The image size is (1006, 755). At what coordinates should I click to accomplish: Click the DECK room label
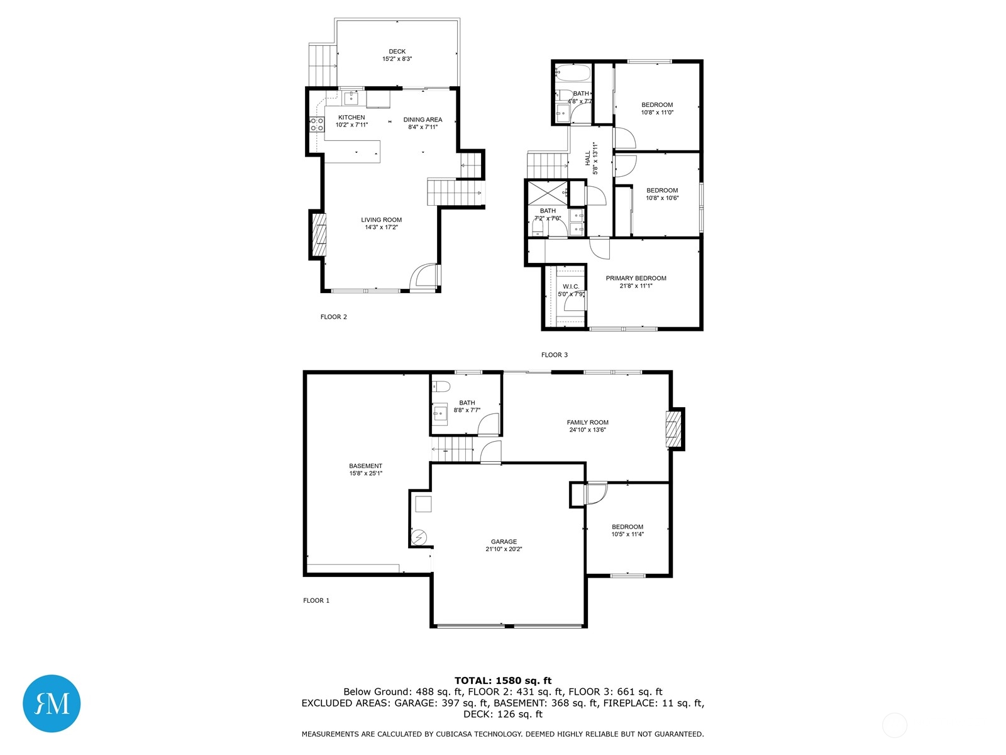(397, 52)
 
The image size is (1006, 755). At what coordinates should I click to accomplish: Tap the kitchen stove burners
(317, 124)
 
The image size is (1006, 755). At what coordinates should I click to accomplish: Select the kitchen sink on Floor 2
(351, 98)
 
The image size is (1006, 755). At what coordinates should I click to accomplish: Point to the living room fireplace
(319, 235)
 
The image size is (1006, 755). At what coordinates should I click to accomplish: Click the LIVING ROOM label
(381, 220)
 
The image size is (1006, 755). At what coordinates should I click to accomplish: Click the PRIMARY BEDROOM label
(636, 278)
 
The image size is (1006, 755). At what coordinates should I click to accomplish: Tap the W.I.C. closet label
(571, 286)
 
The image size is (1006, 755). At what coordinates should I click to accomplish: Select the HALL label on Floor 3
(587, 158)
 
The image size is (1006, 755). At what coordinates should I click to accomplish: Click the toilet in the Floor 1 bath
(441, 386)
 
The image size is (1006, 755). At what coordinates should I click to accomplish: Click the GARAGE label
(504, 541)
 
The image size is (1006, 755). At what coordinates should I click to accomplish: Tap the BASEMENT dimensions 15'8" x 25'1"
(365, 473)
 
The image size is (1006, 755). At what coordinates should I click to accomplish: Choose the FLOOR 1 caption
(316, 600)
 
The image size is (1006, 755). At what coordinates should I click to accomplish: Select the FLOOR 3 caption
(554, 354)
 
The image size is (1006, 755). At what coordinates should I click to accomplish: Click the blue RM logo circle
(52, 703)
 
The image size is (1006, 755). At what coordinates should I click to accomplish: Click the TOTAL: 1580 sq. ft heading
(503, 680)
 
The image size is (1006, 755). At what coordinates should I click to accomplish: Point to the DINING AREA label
(423, 120)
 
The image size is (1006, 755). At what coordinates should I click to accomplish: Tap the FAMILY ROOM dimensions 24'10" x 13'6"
(587, 430)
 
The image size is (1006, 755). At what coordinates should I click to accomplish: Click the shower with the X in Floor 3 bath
(547, 193)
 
